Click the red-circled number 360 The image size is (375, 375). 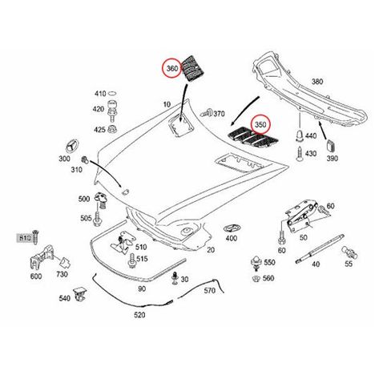coord(172,68)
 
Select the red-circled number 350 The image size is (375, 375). coord(260,124)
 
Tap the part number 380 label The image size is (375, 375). coord(317,82)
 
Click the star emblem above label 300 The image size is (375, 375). coord(71,147)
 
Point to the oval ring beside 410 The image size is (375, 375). coord(112,94)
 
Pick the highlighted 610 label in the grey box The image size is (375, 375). coord(26,237)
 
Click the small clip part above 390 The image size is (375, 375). coord(331,146)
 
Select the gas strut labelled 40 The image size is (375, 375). coord(320,248)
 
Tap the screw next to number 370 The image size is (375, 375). coord(207,113)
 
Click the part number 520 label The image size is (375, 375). coord(139,315)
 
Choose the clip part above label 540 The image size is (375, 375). coord(79,294)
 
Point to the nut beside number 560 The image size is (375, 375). coord(256,279)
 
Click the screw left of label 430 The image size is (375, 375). coord(299,154)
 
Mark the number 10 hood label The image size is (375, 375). coord(167,104)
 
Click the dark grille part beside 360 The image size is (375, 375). coord(193,69)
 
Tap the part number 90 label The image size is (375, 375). coord(142,288)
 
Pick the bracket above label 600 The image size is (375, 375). coord(42,257)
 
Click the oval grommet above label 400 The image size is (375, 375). coord(232,228)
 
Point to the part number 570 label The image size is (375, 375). coord(209,290)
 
